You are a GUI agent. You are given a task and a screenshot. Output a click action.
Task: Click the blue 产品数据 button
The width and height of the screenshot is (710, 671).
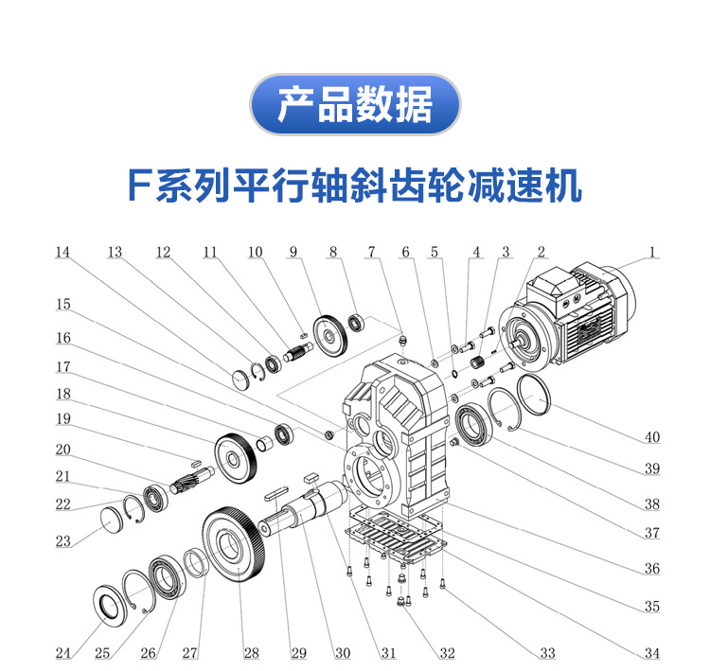coord(354,104)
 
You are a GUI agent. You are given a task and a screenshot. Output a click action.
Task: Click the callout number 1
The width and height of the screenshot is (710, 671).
coord(651,253)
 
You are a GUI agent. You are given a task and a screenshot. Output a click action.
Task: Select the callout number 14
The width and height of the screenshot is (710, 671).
coord(62,253)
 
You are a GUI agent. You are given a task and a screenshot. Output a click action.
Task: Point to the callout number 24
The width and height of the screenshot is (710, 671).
coord(62,653)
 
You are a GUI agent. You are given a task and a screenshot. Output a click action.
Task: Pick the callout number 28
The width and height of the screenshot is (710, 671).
coord(251,653)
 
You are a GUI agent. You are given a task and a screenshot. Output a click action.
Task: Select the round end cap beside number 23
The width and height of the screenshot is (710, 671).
coord(113,520)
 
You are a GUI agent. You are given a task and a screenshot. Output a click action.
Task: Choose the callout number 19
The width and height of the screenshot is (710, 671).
coord(62,418)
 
